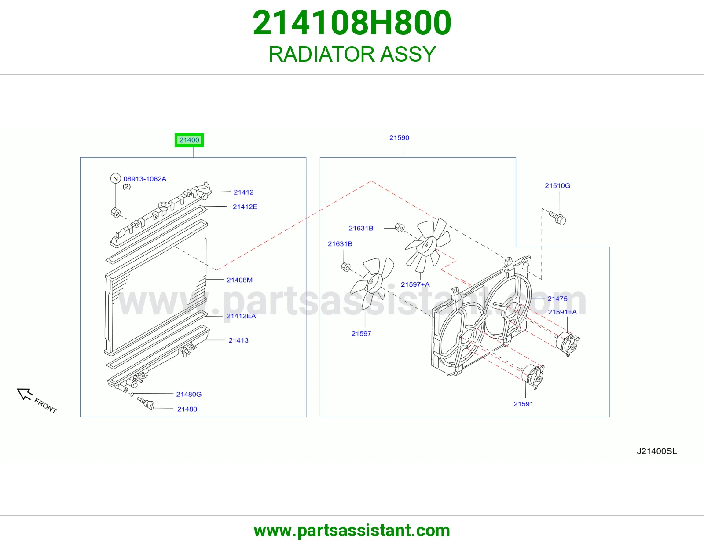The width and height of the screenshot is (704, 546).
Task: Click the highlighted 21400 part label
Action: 189,140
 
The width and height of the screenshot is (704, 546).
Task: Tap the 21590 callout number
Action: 399,137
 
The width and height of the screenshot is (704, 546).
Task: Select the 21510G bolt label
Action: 557,185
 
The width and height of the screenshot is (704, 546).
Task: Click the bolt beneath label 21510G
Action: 557,218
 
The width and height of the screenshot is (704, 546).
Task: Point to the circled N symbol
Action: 116,178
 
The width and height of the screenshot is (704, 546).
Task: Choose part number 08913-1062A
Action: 145,179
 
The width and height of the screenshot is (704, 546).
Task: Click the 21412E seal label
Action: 245,207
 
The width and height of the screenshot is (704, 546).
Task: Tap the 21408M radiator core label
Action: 239,280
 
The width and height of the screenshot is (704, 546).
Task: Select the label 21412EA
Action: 241,316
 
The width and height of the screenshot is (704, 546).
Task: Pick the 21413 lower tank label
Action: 238,340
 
